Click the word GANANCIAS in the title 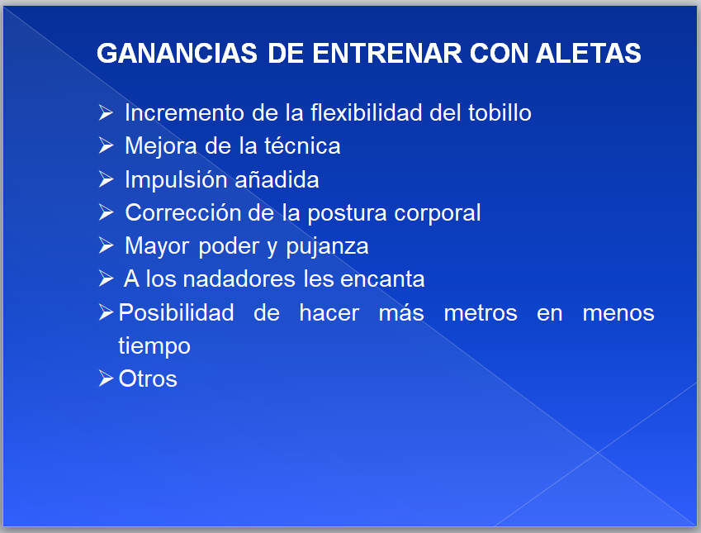pyautogui.click(x=177, y=53)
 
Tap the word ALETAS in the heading pyautogui.click(x=589, y=53)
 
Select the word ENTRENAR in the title pyautogui.click(x=387, y=53)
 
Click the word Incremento pyautogui.click(x=184, y=112)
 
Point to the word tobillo pyautogui.click(x=500, y=112)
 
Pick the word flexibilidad pyautogui.click(x=366, y=112)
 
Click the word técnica pyautogui.click(x=302, y=146)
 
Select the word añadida pyautogui.click(x=277, y=179)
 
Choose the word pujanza pyautogui.click(x=327, y=246)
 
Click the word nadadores pyautogui.click(x=239, y=278)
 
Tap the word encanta pyautogui.click(x=382, y=279)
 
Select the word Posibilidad pyautogui.click(x=176, y=312)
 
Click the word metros pyautogui.click(x=481, y=313)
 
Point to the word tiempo pyautogui.click(x=154, y=346)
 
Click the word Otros pyautogui.click(x=148, y=379)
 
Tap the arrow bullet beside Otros pyautogui.click(x=106, y=378)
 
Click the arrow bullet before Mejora pyautogui.click(x=106, y=146)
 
